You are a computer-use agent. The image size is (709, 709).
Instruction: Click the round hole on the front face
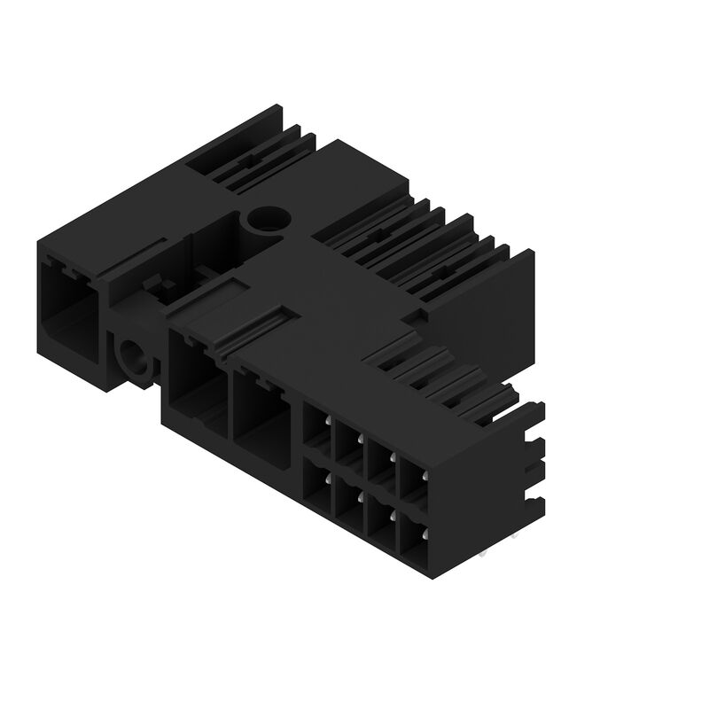coord(136,359)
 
